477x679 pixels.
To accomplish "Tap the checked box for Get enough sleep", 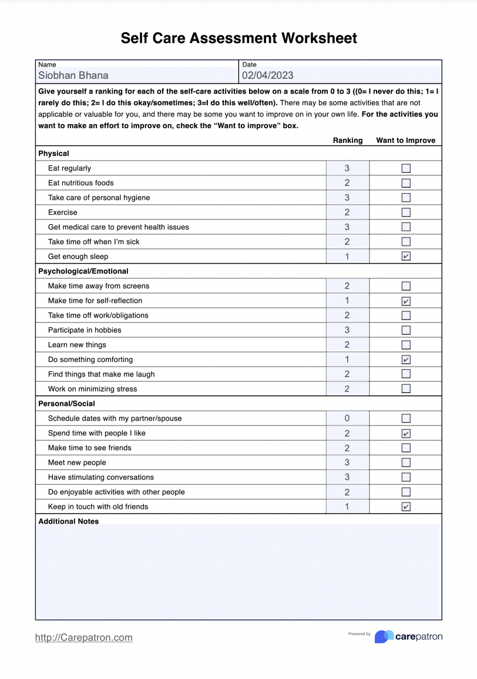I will click(406, 257).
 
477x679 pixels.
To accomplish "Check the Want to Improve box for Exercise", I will click(406, 212).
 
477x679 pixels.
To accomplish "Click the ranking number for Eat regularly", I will click(347, 168).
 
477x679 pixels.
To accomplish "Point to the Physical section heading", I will click(53, 154).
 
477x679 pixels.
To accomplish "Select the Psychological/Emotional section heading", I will click(83, 271).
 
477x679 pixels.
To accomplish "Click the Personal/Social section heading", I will click(66, 404).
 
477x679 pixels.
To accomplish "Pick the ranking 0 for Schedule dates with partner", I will click(347, 418).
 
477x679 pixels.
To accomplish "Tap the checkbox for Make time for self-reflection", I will click(406, 301).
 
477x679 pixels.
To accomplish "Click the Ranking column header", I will click(348, 141).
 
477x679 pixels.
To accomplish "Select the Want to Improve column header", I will click(405, 141).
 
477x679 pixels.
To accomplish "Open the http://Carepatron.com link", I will click(84, 637).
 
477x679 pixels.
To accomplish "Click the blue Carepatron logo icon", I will click(384, 637).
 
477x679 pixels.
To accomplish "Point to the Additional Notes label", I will click(68, 521).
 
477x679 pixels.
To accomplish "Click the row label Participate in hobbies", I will click(85, 330).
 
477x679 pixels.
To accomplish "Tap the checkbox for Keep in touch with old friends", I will click(406, 507).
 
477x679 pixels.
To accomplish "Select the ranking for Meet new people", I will click(347, 462).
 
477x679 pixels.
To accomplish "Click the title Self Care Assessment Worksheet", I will click(238, 38).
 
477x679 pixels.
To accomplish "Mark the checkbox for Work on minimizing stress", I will click(406, 389).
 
